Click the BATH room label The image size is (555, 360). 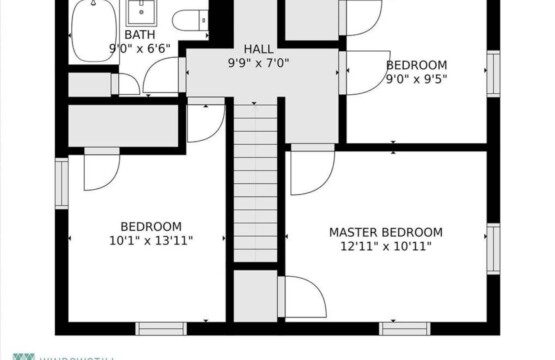(140, 35)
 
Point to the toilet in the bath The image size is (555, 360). (188, 19)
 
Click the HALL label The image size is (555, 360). (258, 49)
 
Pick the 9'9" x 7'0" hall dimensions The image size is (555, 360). (258, 62)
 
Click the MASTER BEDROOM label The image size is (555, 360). (385, 232)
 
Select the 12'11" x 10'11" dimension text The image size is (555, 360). (385, 246)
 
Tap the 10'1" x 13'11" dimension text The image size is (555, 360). (151, 240)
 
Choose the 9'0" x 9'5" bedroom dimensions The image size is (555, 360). (416, 79)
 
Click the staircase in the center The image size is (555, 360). (255, 180)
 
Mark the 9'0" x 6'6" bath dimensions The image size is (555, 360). (140, 47)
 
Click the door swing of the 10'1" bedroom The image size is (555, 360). (100, 170)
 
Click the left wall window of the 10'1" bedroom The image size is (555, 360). (61, 183)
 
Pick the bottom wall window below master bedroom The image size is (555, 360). (404, 327)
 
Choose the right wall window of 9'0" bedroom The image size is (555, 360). (492, 73)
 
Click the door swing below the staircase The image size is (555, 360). (302, 297)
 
